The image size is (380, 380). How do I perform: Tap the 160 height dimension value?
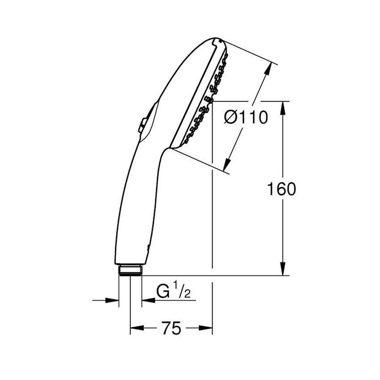coord(281,189)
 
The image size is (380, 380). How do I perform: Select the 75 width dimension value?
coord(171,329)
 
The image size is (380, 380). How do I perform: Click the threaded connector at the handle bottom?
coord(130,270)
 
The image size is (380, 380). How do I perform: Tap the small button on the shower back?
coord(142,125)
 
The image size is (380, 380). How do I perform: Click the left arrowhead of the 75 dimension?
coord(135,329)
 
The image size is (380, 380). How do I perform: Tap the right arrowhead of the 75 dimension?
coord(207,329)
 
